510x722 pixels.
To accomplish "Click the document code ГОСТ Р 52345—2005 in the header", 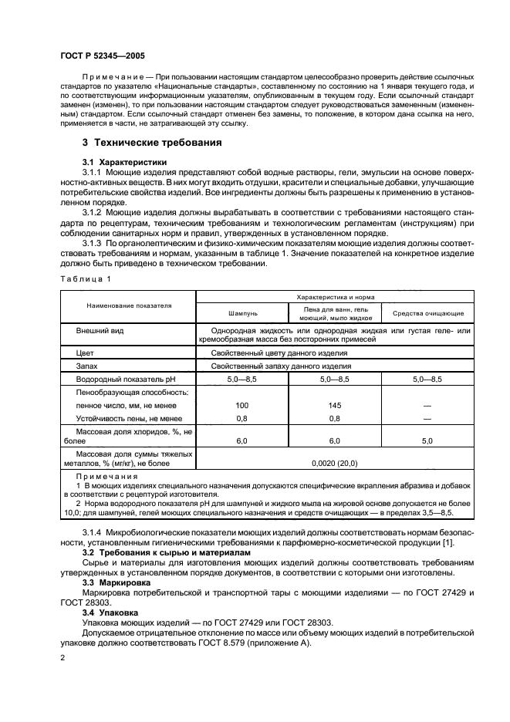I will (x=102, y=57).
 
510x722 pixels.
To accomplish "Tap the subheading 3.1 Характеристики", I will (x=123, y=161).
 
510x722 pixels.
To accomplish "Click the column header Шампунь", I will (x=241, y=313).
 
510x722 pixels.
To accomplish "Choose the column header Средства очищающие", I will (x=428, y=313).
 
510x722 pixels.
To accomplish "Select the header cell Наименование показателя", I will (x=128, y=305).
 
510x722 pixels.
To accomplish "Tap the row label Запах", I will (x=87, y=366).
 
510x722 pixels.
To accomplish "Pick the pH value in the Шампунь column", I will (x=241, y=380).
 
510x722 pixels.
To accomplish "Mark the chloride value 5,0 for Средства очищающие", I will (x=428, y=440).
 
